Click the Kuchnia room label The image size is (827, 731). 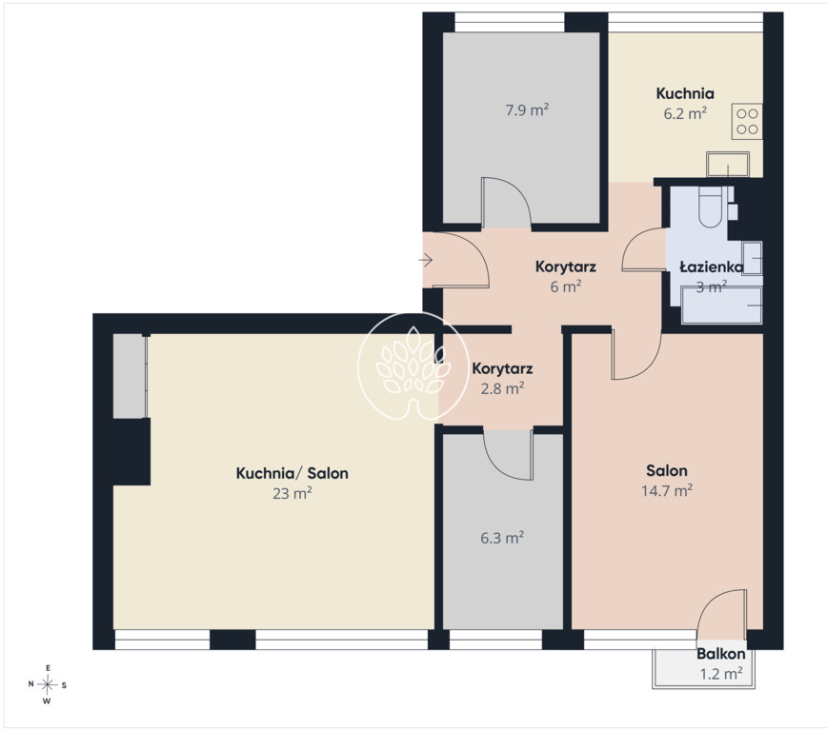[x=685, y=94]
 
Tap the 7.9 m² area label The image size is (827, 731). [x=527, y=110]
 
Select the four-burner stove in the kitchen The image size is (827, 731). [x=747, y=121]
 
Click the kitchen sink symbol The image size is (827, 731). [x=728, y=165]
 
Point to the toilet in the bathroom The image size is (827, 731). [x=711, y=207]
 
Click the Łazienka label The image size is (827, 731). [x=711, y=267]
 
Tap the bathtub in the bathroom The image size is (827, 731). [x=721, y=305]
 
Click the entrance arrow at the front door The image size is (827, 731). [x=426, y=259]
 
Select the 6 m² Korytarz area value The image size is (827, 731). [x=565, y=286]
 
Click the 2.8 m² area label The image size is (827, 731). [x=502, y=388]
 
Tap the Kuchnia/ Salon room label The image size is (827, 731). [x=292, y=473]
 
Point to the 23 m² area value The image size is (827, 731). [x=292, y=493]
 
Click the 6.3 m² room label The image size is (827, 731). [x=501, y=538]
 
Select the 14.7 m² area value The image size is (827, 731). [x=667, y=491]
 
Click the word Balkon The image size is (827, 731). [x=720, y=654]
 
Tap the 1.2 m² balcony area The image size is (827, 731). [x=721, y=674]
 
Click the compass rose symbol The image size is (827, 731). [x=48, y=684]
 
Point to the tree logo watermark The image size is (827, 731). [x=413, y=366]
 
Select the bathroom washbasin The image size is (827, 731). [x=752, y=258]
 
